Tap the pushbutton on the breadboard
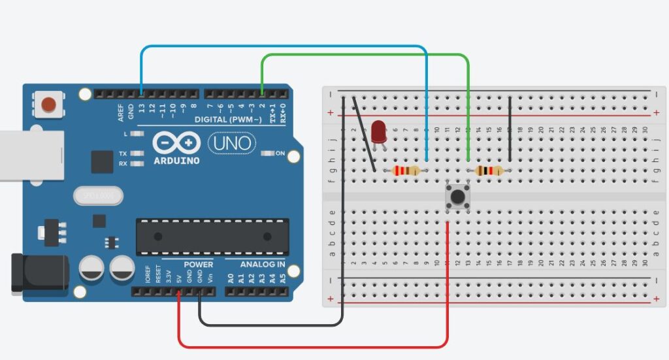(x=458, y=196)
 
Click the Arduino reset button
(x=48, y=104)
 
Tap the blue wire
(x=281, y=47)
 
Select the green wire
(x=366, y=56)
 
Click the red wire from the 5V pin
(x=314, y=346)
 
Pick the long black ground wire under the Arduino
(x=274, y=324)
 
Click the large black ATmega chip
(x=212, y=237)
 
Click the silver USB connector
(x=29, y=155)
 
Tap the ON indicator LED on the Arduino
(x=267, y=154)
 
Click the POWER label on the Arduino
(x=198, y=265)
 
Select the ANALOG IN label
(x=263, y=265)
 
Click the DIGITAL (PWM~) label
(x=228, y=120)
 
